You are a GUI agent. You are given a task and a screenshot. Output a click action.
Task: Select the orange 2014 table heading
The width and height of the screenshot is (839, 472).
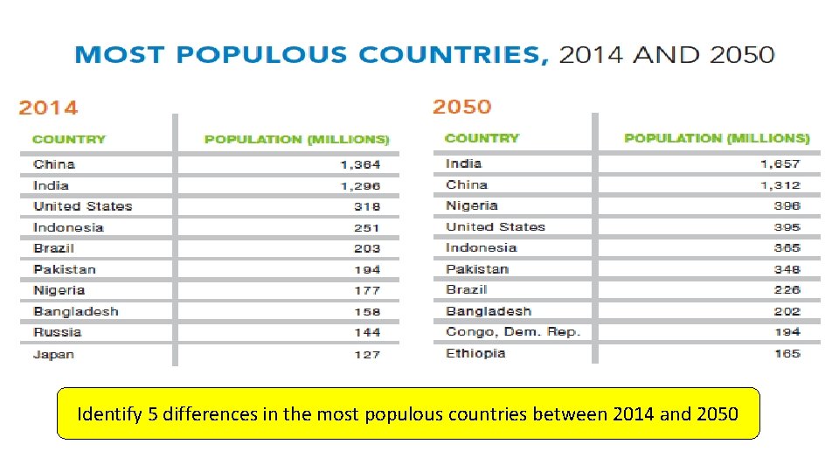click(48, 108)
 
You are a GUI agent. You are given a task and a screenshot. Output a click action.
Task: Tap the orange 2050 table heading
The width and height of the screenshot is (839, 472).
click(461, 107)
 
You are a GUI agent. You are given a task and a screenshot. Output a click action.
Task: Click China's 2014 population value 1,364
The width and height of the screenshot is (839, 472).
click(360, 164)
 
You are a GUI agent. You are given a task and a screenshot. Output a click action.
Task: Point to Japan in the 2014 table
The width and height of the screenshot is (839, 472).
click(53, 354)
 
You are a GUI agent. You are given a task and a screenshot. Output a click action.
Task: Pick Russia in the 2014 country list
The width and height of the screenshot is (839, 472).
click(58, 332)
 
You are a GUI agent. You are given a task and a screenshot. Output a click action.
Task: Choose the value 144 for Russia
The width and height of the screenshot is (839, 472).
click(367, 332)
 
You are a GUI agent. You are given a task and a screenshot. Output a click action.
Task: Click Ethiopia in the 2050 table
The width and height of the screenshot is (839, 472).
click(475, 353)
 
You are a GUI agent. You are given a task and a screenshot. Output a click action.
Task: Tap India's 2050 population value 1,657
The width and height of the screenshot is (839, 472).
click(780, 163)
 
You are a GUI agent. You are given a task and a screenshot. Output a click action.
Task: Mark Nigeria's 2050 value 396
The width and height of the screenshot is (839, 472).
click(787, 205)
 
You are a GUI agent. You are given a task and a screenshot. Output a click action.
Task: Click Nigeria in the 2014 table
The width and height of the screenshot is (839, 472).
click(59, 290)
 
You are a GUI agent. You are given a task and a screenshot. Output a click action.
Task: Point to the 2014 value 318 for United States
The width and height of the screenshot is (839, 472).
click(367, 206)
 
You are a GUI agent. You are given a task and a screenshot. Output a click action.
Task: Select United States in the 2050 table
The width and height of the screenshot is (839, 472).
click(496, 226)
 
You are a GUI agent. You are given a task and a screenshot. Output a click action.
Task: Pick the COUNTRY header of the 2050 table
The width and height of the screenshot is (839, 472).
click(482, 138)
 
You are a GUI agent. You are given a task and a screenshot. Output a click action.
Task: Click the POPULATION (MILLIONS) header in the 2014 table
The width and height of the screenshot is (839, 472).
click(297, 139)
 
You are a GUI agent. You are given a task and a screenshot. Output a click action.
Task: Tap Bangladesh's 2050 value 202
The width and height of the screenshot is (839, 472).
click(787, 311)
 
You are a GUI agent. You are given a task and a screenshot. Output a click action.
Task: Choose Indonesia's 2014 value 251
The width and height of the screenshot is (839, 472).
click(367, 227)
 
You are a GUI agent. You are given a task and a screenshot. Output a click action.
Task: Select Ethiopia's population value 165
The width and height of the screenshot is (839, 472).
click(787, 353)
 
